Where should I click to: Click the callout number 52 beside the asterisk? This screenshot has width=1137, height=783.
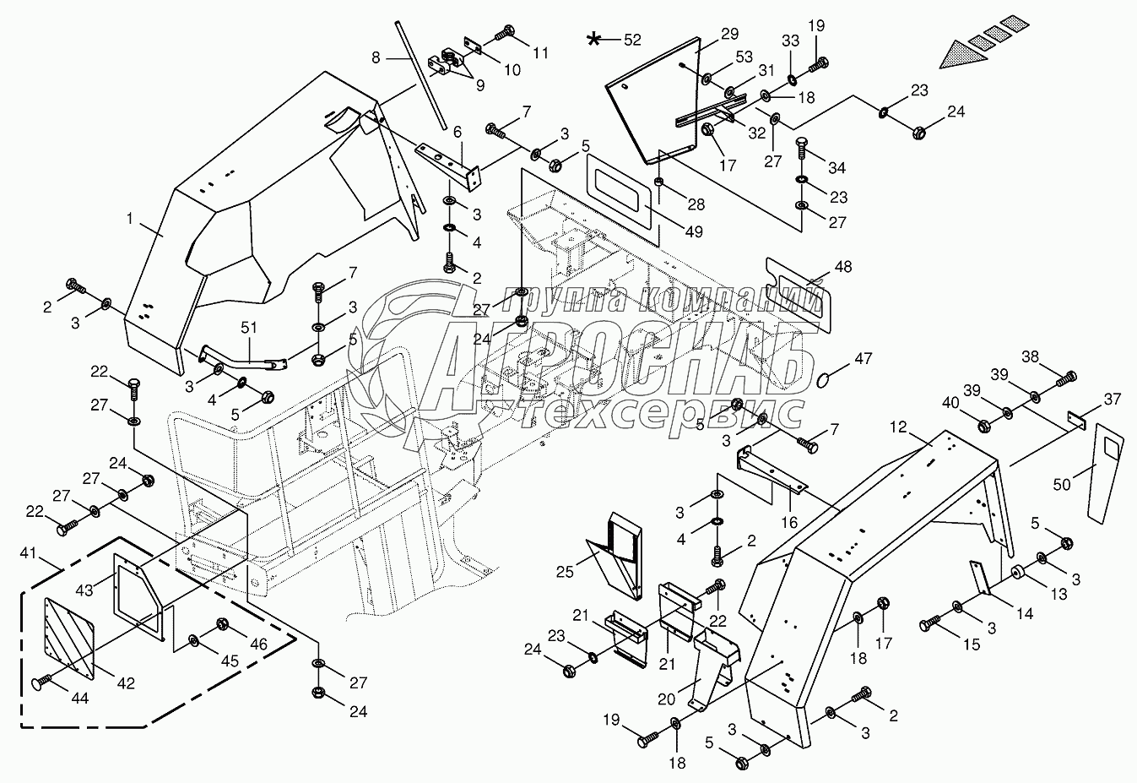pos(631,40)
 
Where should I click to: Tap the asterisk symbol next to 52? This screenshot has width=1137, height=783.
pos(596,39)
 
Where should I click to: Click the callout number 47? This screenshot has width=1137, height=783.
pos(862,359)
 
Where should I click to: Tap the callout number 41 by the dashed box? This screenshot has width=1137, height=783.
pos(28,554)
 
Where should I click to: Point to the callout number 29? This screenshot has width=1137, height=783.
pos(729,35)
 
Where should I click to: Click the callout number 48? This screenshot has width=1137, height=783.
pos(842,267)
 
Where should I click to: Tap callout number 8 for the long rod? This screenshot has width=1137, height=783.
pos(376,58)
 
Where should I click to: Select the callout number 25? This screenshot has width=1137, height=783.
pos(564,572)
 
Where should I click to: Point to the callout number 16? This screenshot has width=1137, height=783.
pos(788,523)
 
